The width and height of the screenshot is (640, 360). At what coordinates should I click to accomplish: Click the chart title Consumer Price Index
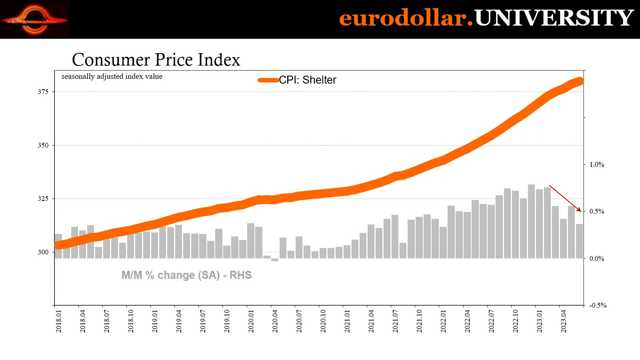click(156, 60)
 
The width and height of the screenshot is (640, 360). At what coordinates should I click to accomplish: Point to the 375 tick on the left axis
click(43, 92)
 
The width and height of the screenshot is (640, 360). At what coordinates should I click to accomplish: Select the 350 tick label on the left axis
click(43, 145)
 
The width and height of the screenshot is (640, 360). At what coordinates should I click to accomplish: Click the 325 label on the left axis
click(43, 198)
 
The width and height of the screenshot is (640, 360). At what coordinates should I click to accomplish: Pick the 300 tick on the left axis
click(43, 252)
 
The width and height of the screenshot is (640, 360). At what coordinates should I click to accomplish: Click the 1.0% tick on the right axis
click(596, 164)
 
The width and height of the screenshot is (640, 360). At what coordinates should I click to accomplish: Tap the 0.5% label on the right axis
click(596, 211)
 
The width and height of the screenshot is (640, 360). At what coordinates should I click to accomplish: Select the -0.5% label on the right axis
click(598, 305)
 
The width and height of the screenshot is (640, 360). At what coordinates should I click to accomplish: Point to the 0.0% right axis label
click(596, 258)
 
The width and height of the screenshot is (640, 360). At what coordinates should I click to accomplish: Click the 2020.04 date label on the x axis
click(275, 321)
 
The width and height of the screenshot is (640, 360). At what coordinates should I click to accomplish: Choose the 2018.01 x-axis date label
click(59, 321)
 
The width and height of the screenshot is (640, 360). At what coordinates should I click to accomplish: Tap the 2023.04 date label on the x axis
click(564, 321)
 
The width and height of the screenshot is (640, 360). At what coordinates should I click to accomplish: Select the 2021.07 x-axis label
click(395, 321)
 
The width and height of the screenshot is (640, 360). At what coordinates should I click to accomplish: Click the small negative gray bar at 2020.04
click(275, 260)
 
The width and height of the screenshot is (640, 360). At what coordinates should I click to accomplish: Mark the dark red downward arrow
click(565, 198)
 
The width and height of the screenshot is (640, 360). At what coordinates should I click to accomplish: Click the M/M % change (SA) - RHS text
click(186, 275)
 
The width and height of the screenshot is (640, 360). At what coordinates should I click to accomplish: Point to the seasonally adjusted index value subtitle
click(112, 76)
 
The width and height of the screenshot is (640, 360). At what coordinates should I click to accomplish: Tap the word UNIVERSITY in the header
click(554, 18)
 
